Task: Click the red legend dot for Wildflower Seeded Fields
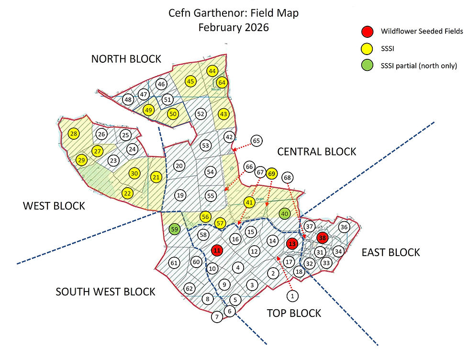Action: (366, 32)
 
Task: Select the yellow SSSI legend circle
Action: (366, 48)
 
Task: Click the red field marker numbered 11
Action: (217, 250)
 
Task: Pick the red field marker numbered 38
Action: (323, 237)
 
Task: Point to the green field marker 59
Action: (175, 229)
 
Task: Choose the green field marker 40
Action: (284, 214)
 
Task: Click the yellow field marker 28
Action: (74, 134)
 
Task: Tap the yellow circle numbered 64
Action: (222, 82)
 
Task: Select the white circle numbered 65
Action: (257, 141)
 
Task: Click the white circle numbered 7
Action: (217, 316)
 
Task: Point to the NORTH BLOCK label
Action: (126, 59)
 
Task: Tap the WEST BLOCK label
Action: (54, 206)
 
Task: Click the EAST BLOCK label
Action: (391, 252)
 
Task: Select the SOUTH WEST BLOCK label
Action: (105, 292)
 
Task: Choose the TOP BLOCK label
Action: (293, 313)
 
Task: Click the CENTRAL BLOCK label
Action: (316, 152)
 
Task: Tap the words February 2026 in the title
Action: (234, 27)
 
